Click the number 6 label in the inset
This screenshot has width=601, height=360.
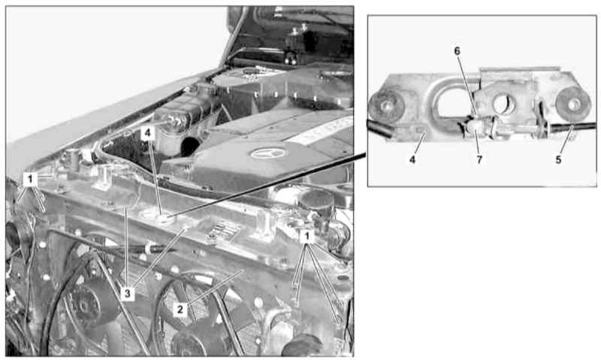[457, 51]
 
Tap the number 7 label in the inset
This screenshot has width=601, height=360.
[479, 159]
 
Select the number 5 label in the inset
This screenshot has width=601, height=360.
[558, 159]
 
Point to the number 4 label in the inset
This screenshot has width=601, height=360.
[412, 159]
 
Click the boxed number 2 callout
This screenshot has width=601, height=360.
[180, 310]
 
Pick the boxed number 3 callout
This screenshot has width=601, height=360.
[128, 294]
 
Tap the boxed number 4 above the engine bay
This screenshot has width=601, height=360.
[148, 134]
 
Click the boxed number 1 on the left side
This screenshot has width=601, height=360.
[30, 179]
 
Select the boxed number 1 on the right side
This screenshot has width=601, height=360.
[307, 237]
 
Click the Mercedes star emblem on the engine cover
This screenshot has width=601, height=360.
[268, 154]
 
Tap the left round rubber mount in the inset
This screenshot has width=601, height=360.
[386, 106]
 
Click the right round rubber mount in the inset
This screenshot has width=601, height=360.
[574, 104]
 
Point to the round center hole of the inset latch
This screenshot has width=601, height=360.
[504, 104]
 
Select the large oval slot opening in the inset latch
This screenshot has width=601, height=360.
[456, 102]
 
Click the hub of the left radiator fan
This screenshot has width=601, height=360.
[83, 306]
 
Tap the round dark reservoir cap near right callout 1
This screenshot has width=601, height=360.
[316, 201]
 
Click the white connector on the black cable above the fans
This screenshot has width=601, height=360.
[148, 248]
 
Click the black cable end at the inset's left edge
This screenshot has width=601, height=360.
[379, 129]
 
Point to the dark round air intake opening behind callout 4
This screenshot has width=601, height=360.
[191, 147]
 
